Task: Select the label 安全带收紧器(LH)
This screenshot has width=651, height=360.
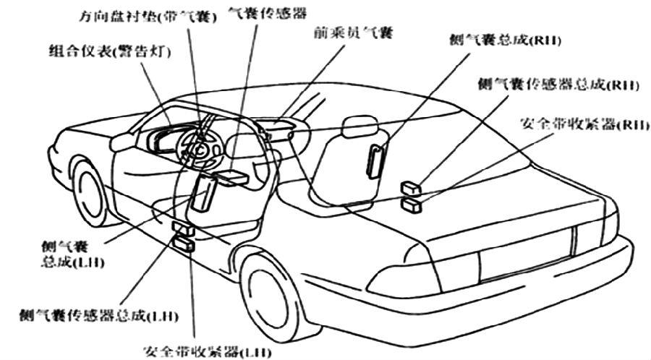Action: [208, 352]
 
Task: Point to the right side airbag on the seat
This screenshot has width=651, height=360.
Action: [375, 160]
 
